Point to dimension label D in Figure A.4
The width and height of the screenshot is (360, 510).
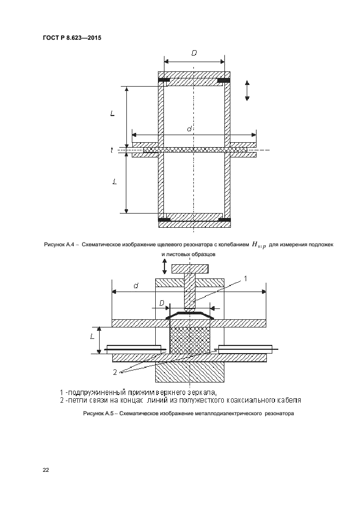194,53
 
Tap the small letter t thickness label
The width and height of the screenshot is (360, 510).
112,150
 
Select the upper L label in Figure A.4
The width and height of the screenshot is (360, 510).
112,114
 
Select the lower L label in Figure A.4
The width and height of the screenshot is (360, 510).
114,183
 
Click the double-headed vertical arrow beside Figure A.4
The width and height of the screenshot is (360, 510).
246,90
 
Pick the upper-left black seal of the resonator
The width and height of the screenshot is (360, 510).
163,81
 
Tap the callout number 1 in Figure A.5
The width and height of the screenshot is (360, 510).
245,278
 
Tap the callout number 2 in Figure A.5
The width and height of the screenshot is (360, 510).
115,372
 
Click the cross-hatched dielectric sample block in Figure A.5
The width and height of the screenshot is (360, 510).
189,341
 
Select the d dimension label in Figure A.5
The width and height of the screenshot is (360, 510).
135,285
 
